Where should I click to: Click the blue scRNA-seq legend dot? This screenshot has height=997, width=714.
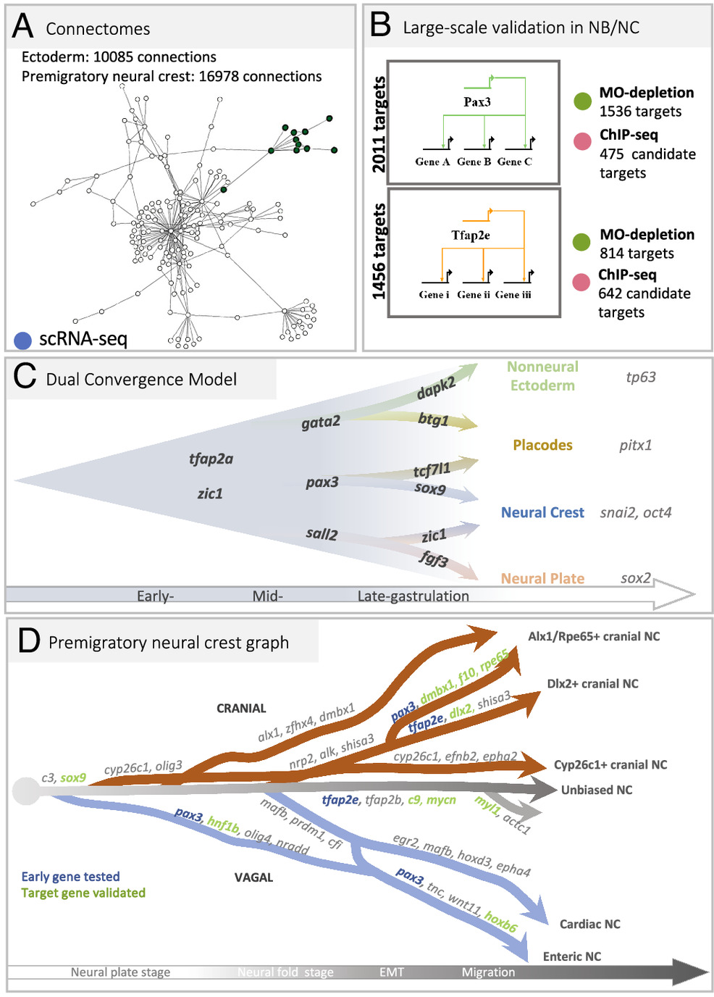pyautogui.click(x=23, y=340)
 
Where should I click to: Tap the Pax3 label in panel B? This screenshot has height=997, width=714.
pyautogui.click(x=477, y=102)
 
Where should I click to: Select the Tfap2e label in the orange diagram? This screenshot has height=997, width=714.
pyautogui.click(x=471, y=235)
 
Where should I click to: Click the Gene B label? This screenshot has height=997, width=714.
pyautogui.click(x=474, y=162)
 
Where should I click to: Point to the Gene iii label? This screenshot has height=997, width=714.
pyautogui.click(x=513, y=295)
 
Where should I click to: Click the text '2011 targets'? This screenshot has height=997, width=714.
pyautogui.click(x=379, y=125)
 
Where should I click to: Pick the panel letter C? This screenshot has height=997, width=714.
pyautogui.click(x=25, y=377)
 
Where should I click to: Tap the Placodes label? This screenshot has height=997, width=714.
pyautogui.click(x=542, y=445)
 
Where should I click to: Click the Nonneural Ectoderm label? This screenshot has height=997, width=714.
pyautogui.click(x=542, y=376)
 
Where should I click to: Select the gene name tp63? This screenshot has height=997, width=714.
pyautogui.click(x=641, y=377)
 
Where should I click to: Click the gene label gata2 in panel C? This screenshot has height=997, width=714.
pyautogui.click(x=321, y=422)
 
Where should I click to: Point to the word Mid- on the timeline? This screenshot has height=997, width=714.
pyautogui.click(x=267, y=596)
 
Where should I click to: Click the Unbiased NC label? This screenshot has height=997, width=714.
pyautogui.click(x=597, y=790)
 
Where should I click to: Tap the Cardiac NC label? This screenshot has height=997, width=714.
pyautogui.click(x=589, y=924)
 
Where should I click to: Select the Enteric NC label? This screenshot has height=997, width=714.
pyautogui.click(x=572, y=956)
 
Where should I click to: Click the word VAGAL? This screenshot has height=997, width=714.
pyautogui.click(x=253, y=877)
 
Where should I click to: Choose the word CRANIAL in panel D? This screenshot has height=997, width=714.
pyautogui.click(x=241, y=709)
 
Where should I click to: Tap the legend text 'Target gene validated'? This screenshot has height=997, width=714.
pyautogui.click(x=83, y=893)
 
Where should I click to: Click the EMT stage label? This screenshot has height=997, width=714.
pyautogui.click(x=392, y=972)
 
